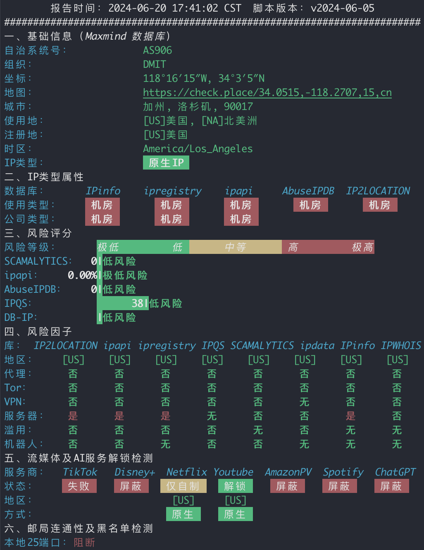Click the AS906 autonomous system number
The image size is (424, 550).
[157, 50]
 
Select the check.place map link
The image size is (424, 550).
[267, 93]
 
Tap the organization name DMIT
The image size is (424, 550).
[155, 65]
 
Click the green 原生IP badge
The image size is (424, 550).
[166, 163]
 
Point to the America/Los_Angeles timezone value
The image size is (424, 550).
[198, 149]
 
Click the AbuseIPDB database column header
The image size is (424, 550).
[308, 191]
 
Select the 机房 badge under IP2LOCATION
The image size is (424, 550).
[380, 205]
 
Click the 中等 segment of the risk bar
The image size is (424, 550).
[236, 247]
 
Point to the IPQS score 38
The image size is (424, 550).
[138, 303]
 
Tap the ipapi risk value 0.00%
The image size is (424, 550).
[82, 275]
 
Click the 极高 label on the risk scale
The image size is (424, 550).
[362, 247]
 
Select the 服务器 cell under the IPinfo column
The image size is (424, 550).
[351, 416]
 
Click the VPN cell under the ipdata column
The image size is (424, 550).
[305, 402]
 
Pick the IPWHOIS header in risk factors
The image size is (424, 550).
[401, 346]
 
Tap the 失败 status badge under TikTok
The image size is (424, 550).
[79, 486]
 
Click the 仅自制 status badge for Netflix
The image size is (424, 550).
[183, 486]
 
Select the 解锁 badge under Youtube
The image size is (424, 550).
[236, 486]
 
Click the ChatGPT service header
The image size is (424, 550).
[395, 472]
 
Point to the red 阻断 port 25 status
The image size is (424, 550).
[84, 543]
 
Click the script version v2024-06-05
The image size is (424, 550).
[343, 8]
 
